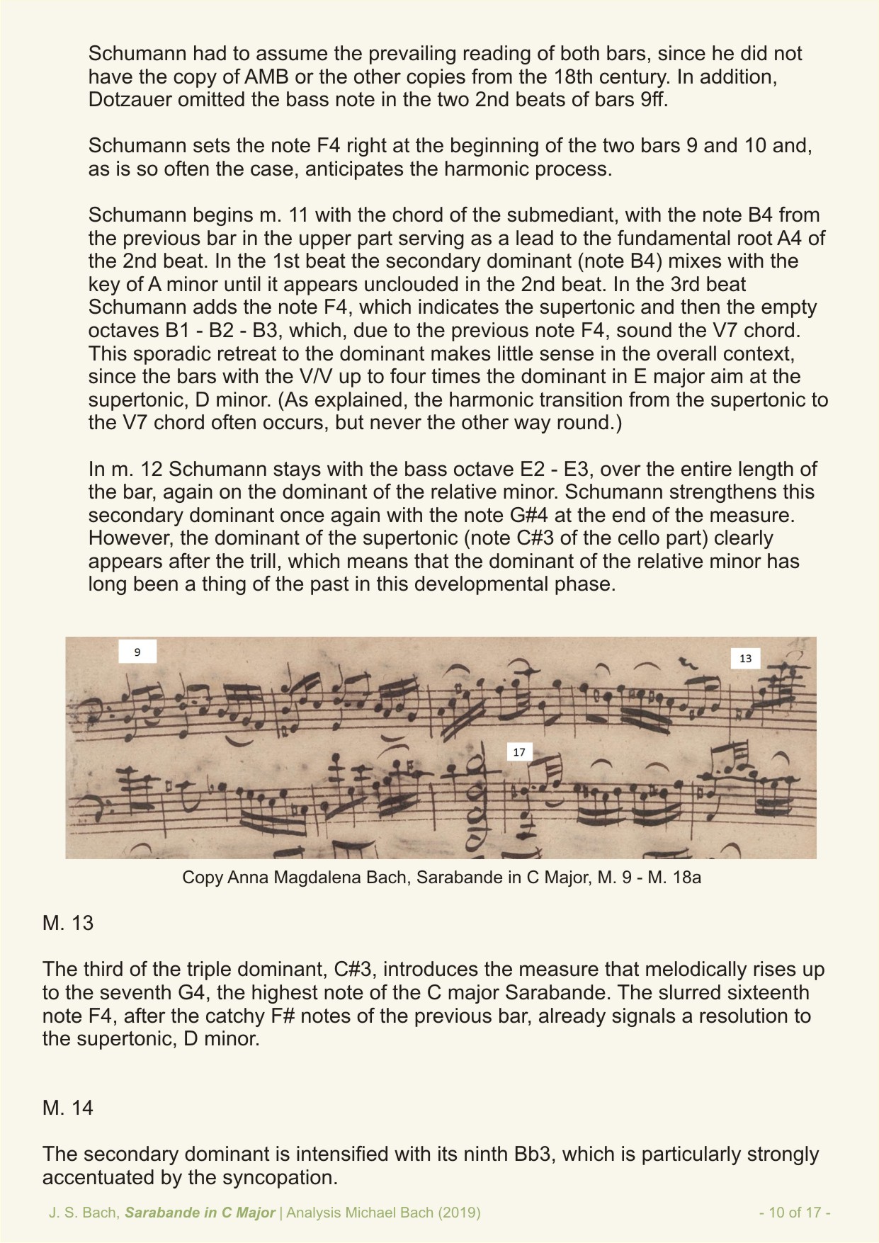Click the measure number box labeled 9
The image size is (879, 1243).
(137, 652)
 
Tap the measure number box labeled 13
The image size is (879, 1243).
(745, 659)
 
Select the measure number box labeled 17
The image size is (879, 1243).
(519, 752)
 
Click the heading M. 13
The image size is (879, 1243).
(68, 924)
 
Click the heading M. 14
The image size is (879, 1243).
(68, 1108)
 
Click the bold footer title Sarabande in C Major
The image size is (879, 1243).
(200, 1213)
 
